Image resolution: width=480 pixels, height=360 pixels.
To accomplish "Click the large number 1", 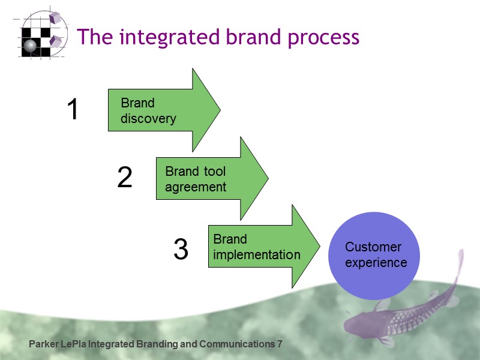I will (73, 110).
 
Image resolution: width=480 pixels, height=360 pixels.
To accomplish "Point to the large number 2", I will (124, 178).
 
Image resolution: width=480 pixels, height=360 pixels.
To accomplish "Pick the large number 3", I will (181, 250).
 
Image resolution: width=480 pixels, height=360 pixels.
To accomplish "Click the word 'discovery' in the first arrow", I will (148, 119).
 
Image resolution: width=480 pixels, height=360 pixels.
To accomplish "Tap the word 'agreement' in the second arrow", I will (196, 187).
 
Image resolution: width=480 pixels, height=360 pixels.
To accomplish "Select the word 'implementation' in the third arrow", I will (256, 255).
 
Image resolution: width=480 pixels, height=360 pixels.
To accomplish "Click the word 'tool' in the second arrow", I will (214, 172).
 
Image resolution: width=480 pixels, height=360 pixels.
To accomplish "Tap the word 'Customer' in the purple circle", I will (373, 247).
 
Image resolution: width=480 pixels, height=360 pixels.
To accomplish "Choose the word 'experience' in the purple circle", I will (376, 263).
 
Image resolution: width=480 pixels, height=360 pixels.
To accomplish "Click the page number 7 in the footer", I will (279, 344).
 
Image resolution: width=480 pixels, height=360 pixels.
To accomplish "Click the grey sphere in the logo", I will (30, 45).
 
